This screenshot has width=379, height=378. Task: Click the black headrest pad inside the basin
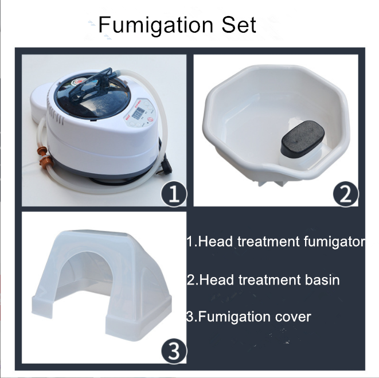coord(302,139)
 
